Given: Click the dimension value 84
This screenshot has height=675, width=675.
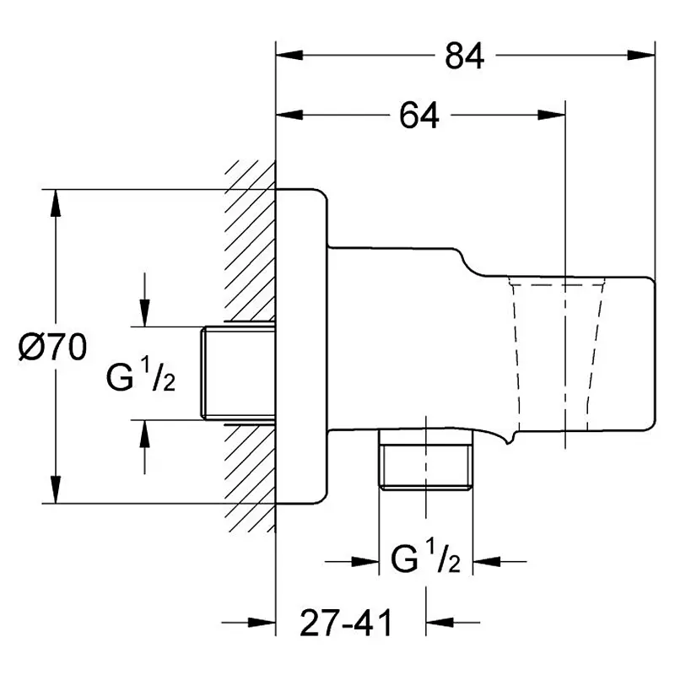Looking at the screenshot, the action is [465, 56].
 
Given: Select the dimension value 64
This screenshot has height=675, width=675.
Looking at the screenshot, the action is [418, 116].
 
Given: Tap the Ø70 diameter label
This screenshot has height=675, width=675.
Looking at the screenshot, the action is [52, 347].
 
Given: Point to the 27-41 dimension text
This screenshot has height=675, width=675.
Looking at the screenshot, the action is [346, 623].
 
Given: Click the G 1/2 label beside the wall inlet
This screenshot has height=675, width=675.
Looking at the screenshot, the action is [140, 375].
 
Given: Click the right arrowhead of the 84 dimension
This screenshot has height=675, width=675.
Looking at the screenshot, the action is [641, 55].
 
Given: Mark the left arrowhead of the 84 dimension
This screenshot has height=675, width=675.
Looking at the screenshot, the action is [289, 55].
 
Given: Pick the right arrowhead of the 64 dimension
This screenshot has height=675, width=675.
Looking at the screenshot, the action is [551, 115].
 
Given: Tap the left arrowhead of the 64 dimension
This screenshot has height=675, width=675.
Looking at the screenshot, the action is [289, 115].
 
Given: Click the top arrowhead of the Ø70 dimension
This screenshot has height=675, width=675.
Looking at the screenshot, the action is [55, 203].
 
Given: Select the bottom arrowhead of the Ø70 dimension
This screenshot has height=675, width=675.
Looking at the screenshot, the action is [55, 489].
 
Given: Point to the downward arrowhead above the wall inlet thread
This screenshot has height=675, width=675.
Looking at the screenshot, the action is [144, 313].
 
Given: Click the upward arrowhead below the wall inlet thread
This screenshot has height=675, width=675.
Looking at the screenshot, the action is [144, 434].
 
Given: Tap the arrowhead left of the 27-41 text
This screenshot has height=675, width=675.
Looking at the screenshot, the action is [262, 623].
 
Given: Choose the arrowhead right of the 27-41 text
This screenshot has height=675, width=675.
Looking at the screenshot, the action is [440, 623].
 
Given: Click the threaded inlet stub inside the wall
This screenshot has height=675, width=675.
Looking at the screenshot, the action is [239, 373].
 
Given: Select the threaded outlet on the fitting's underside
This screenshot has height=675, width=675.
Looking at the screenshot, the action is [425, 460].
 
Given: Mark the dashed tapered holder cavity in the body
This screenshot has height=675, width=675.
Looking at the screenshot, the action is [556, 353].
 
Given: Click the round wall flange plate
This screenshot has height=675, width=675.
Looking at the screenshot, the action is [301, 346].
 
